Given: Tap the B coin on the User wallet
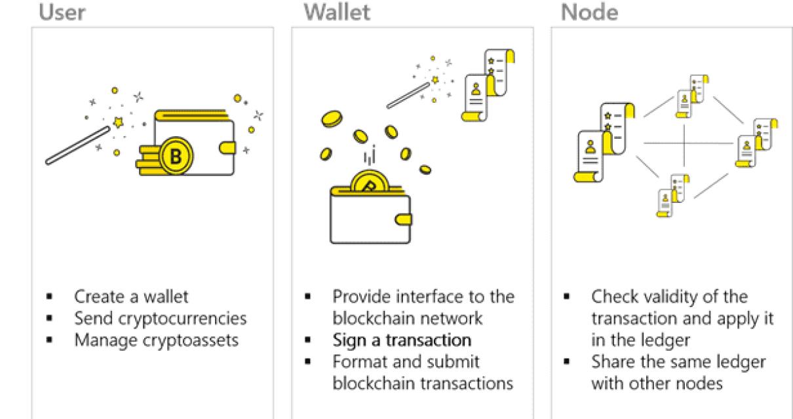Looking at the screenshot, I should coord(176,156).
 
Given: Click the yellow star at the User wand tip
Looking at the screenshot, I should coord(119,122).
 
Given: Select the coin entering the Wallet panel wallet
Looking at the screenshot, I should coord(370,181).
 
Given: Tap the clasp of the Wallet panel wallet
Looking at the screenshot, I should coord(403,218).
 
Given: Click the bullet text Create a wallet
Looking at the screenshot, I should coord(131,297).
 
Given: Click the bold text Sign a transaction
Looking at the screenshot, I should coord(401,340).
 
